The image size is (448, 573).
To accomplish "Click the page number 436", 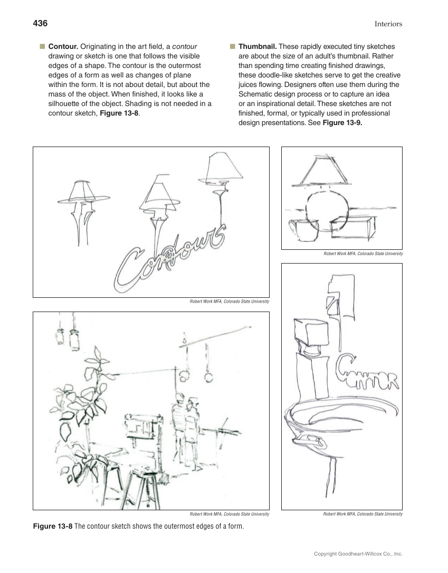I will (40, 23).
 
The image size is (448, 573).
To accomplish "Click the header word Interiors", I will (388, 24).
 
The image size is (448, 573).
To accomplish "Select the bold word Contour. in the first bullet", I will (63, 46).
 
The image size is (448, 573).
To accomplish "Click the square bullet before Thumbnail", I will (232, 46).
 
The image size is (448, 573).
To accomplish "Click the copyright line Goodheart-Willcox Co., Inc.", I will (358, 554).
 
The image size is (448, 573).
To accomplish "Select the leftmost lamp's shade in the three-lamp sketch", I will (85, 191).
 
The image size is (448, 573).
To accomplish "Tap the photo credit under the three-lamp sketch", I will (230, 302).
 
